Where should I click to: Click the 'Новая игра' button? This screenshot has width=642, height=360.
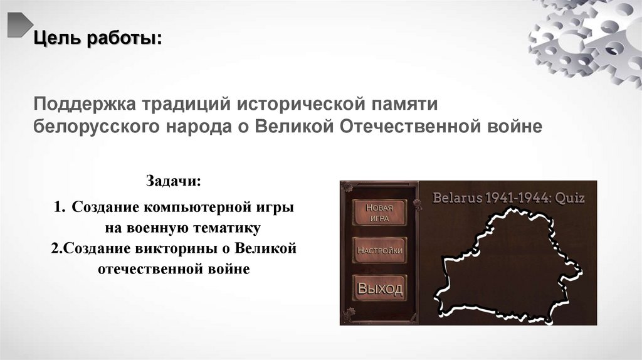click(379, 213)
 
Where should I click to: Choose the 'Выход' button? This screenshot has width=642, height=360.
click(379, 289)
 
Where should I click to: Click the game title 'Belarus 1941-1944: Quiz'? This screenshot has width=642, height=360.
click(508, 198)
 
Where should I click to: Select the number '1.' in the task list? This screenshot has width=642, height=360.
click(60, 207)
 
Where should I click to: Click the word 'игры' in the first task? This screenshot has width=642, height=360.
click(278, 207)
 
